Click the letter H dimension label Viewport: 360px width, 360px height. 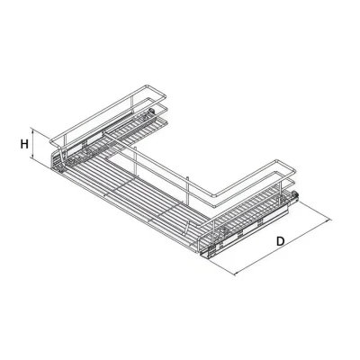pyautogui.click(x=24, y=144)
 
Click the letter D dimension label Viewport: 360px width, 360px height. pyautogui.click(x=280, y=241)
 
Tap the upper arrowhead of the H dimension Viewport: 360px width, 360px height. pyautogui.click(x=32, y=130)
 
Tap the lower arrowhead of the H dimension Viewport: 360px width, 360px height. pyautogui.click(x=32, y=157)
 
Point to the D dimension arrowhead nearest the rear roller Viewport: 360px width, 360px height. pyautogui.click(x=329, y=220)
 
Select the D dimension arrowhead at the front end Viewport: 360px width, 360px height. pyautogui.click(x=236, y=273)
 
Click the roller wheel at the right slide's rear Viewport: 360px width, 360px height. pyautogui.click(x=294, y=194)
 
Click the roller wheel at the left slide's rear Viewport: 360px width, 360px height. pyautogui.click(x=152, y=112)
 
